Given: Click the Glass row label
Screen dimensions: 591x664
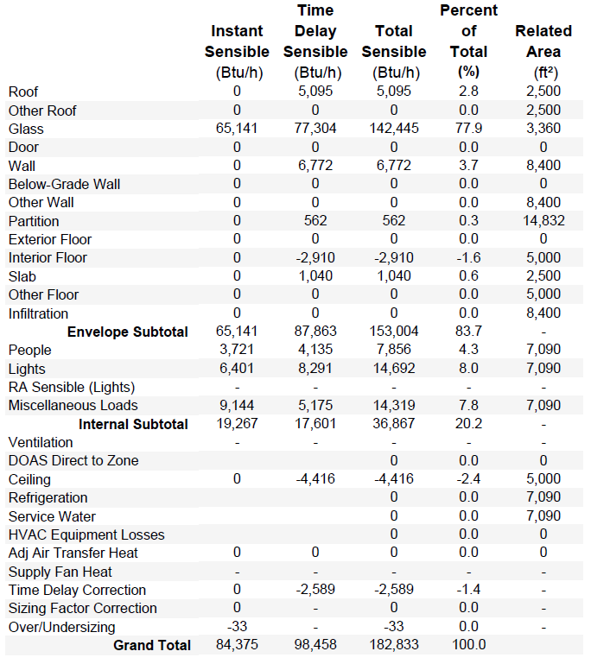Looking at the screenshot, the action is click(26, 129).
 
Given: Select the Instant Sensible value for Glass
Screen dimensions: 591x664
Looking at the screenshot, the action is click(237, 129).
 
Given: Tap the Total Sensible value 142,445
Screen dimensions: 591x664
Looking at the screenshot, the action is click(394, 129).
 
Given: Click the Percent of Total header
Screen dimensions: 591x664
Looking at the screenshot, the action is click(468, 41).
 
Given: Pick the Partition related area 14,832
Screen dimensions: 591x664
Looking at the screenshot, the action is click(543, 221).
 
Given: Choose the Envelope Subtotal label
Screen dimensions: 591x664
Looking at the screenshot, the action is click(128, 332).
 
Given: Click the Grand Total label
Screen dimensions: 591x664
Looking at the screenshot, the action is click(152, 645).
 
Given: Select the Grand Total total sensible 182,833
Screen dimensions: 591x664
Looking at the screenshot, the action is click(394, 644).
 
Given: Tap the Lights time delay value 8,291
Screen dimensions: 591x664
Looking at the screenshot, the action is click(315, 368).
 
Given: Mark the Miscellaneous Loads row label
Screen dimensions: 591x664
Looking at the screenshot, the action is click(73, 405).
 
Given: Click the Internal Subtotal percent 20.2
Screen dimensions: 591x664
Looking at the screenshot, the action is click(468, 423).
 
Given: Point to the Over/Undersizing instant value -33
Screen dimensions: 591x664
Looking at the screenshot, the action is click(237, 626).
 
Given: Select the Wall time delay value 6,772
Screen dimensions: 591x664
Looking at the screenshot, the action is click(315, 165).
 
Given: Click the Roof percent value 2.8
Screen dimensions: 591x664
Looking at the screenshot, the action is click(468, 91).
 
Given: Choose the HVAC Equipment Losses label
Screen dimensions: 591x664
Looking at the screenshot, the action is click(86, 534).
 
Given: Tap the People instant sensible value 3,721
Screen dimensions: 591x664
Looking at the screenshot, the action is click(237, 350).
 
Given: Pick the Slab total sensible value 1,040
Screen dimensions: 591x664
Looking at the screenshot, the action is click(394, 276).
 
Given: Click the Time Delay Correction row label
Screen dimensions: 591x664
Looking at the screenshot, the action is click(77, 590).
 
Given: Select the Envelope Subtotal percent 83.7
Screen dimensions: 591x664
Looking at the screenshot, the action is click(468, 332).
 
